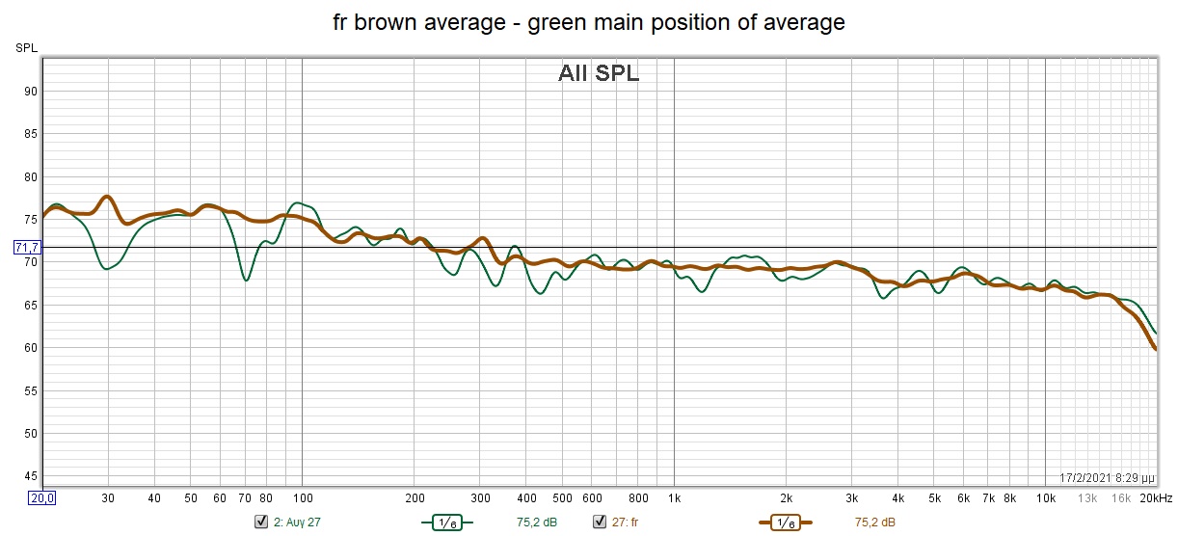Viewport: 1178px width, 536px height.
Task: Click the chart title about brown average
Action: pos(589,22)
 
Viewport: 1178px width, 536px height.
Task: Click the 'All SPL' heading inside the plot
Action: pos(598,73)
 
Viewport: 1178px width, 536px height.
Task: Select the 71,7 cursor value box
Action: pos(27,248)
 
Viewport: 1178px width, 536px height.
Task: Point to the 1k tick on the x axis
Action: pos(674,498)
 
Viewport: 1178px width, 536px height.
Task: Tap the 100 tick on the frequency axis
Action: pos(302,498)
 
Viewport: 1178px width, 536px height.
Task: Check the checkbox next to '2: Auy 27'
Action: pos(260,523)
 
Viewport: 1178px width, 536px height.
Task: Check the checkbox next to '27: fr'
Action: pos(599,523)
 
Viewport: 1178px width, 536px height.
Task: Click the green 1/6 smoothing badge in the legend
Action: pos(446,523)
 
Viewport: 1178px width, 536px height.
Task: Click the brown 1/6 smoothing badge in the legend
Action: pos(785,523)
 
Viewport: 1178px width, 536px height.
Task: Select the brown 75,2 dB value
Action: pos(875,523)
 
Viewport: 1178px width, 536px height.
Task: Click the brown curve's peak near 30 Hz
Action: pos(107,197)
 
